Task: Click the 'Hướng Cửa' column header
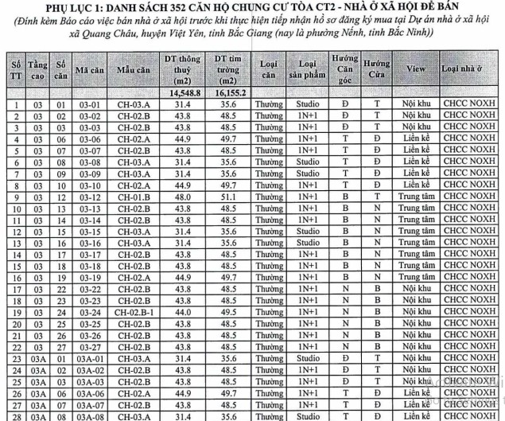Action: tap(375, 71)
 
